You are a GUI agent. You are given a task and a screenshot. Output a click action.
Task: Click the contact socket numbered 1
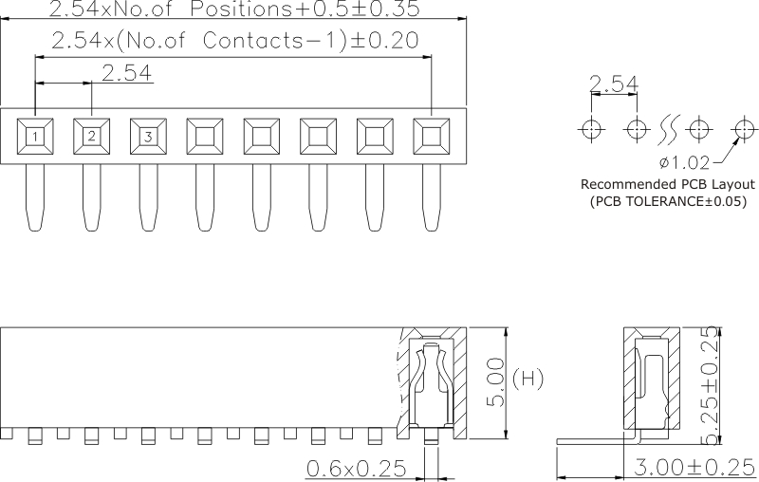pos(34,137)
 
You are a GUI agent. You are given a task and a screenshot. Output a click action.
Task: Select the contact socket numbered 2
pos(91,137)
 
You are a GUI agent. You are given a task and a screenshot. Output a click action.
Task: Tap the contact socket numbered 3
pos(148,137)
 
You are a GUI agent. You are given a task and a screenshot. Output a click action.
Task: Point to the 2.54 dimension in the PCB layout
pos(613,86)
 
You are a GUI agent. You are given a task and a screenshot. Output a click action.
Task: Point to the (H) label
pos(528,380)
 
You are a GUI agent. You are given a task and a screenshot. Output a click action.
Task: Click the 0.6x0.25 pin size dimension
pos(357,468)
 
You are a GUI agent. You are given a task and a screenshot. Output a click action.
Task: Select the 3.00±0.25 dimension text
pos(689,468)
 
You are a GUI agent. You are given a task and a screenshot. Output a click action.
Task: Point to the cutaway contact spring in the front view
pos(432,384)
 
